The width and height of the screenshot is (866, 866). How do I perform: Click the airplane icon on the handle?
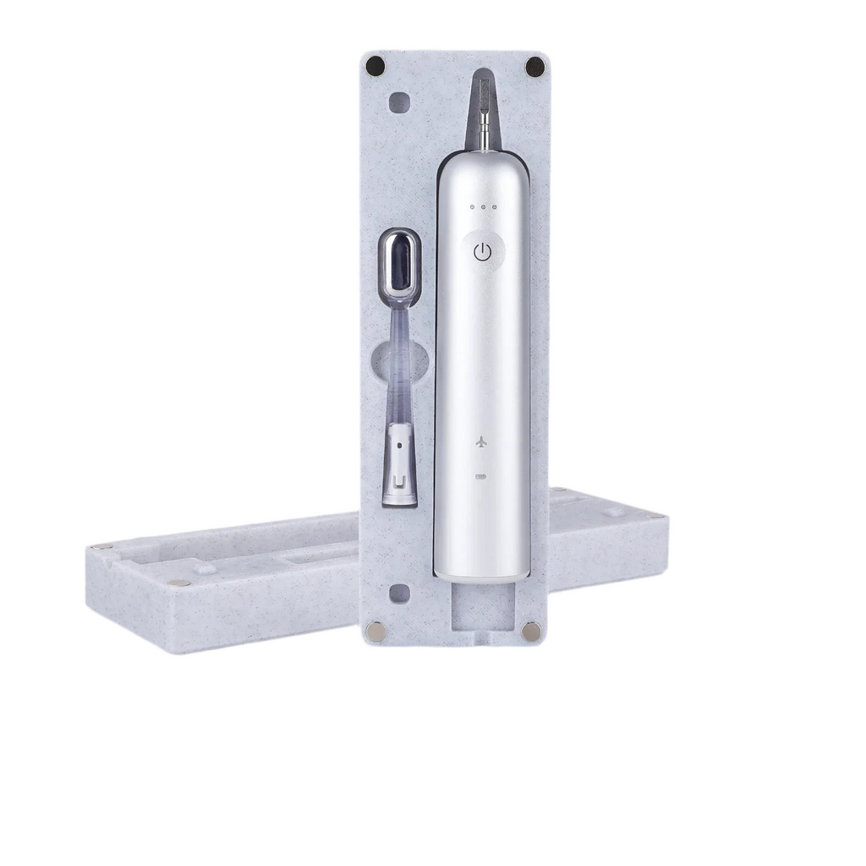pyautogui.click(x=481, y=441)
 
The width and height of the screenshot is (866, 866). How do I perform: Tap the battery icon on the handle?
pyautogui.click(x=481, y=477)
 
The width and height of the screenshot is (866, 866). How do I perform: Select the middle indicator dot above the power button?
pyautogui.click(x=483, y=206)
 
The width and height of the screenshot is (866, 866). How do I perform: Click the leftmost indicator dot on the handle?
pyautogui.click(x=472, y=206)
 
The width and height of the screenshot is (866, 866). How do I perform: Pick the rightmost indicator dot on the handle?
pyautogui.click(x=495, y=206)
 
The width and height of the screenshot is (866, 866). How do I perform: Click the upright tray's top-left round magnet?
pyautogui.click(x=377, y=65)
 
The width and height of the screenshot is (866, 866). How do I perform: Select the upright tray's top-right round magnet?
pyautogui.click(x=534, y=65)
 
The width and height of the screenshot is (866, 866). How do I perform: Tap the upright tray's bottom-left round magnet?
pyautogui.click(x=375, y=631)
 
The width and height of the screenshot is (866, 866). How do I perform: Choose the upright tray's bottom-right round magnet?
pyautogui.click(x=530, y=631)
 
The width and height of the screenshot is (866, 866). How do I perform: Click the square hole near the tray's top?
pyautogui.click(x=397, y=102)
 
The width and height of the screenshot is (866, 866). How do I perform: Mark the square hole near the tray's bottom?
pyautogui.click(x=397, y=594)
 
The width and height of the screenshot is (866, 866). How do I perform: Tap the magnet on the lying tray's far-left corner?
pyautogui.click(x=101, y=546)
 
